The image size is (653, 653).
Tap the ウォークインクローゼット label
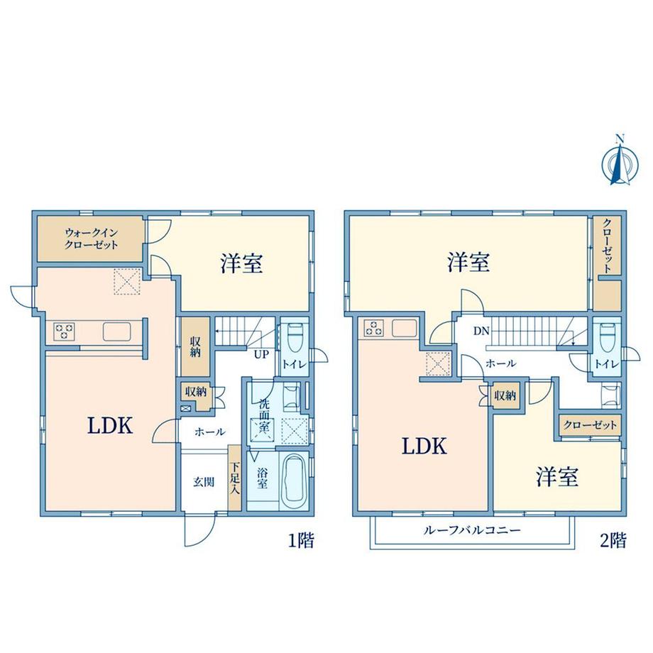[x=92, y=238]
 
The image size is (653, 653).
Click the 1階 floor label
[x=301, y=541]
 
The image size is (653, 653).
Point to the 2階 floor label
[x=613, y=541]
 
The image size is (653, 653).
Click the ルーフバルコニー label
[x=472, y=531]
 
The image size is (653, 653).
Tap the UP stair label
[x=261, y=354]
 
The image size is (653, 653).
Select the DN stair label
[x=481, y=331]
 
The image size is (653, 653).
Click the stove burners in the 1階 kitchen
[x=64, y=331]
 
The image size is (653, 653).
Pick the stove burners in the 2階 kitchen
[x=374, y=327]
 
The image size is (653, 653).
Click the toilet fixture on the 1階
[x=294, y=336]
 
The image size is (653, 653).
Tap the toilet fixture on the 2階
[x=606, y=336]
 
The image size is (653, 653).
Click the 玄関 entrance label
[x=204, y=482]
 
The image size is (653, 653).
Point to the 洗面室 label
[x=263, y=415]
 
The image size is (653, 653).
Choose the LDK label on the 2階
[x=424, y=446]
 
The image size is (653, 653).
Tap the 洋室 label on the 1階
[x=241, y=263]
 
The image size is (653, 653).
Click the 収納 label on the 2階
[x=505, y=395]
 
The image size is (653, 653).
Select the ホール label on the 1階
[x=210, y=432]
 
